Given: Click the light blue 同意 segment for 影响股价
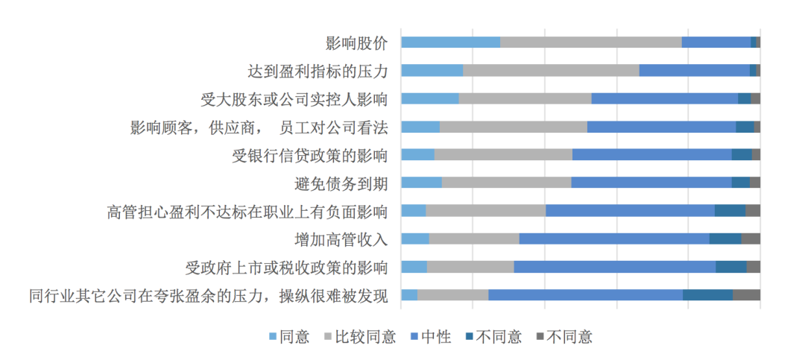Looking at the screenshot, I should click(450, 42).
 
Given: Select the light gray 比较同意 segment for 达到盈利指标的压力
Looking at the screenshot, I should click(551, 71).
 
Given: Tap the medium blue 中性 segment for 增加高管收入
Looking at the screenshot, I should click(613, 239).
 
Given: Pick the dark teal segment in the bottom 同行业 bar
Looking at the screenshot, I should click(707, 294).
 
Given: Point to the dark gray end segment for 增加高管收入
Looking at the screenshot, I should click(751, 239).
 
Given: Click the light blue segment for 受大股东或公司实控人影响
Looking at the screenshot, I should click(430, 98).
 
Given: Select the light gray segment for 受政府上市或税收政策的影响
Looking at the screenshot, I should click(470, 267).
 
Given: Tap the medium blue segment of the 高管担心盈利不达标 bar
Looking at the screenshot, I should click(630, 211).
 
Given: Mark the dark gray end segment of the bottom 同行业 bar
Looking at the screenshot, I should click(746, 294).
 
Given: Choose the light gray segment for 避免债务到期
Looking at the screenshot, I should click(506, 183).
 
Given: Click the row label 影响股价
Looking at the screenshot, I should click(356, 42).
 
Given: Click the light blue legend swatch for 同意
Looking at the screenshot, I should click(272, 337).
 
